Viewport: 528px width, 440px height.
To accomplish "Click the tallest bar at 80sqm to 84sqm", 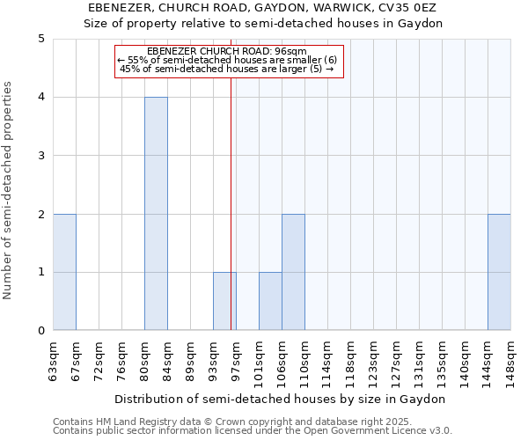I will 156,214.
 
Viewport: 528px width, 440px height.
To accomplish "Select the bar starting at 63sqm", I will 64,272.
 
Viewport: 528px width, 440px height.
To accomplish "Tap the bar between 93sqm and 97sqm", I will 224,301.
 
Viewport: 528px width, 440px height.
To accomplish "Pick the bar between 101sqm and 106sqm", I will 270,301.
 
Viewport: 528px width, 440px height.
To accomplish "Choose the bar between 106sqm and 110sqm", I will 293,272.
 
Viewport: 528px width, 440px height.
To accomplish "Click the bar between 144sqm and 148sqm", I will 499,272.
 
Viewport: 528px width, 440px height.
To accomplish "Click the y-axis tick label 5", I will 41,39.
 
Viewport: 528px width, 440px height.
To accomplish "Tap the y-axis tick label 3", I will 41,156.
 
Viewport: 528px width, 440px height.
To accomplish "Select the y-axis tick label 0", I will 41,331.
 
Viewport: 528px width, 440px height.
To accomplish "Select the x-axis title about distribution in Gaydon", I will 282,399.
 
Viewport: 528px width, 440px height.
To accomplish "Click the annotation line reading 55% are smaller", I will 227,60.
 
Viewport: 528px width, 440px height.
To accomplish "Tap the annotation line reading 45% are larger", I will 227,69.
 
